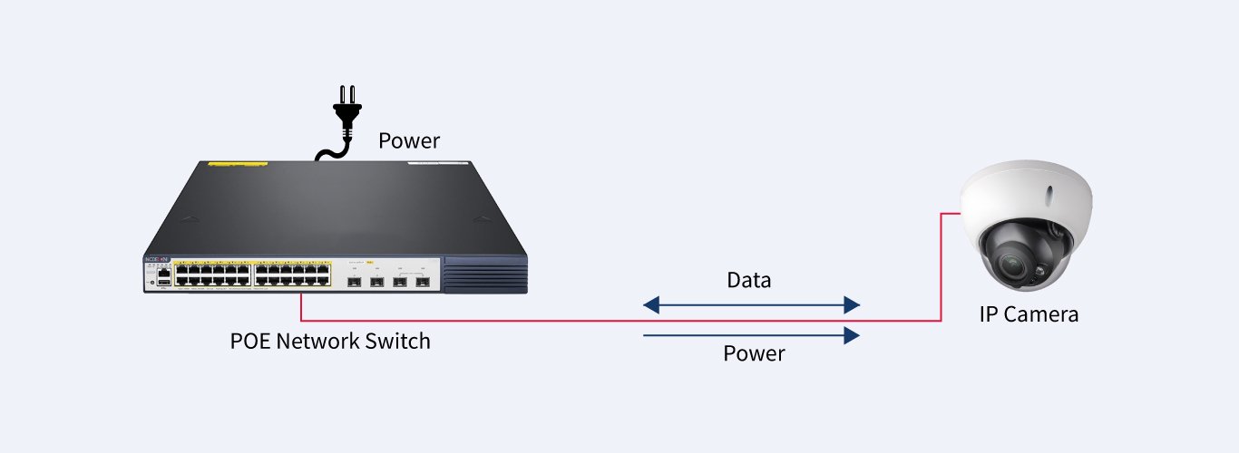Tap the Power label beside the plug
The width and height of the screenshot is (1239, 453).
coord(409,141)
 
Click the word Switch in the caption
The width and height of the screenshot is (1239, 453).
coord(398,342)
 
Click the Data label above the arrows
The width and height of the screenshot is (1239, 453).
coord(749,280)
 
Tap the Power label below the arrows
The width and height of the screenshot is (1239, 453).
coord(754,353)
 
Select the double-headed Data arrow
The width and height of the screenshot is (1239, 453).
coord(751,304)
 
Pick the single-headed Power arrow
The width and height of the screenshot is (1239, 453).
coord(751,336)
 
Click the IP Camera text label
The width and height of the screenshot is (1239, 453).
coord(1029,315)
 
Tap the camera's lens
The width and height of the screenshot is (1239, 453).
coord(1013,264)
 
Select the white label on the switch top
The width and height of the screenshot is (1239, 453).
coord(434,164)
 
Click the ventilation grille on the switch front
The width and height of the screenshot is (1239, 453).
coord(485,275)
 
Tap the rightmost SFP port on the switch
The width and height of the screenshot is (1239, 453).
coord(422,283)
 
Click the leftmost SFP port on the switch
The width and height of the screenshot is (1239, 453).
coord(351,283)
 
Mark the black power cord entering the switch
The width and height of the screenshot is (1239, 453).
coord(327,153)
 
